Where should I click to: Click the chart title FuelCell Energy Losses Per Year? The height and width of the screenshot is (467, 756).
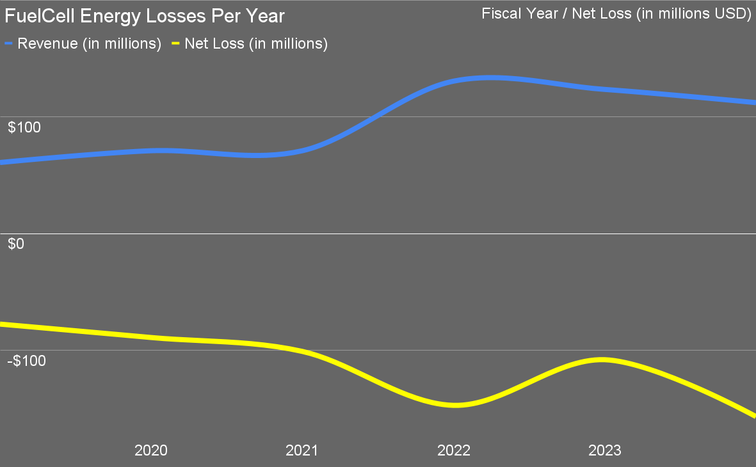tap(145, 15)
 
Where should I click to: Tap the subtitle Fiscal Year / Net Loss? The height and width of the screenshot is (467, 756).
tap(616, 13)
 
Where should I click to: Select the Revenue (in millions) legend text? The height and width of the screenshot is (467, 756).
tap(89, 44)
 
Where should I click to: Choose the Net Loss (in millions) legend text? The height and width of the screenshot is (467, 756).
tap(256, 44)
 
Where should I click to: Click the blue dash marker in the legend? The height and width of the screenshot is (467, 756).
tap(9, 44)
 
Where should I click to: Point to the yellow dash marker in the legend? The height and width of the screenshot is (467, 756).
tap(175, 44)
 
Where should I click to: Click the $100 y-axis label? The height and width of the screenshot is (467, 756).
tap(24, 127)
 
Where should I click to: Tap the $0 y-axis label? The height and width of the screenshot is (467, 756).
tap(16, 244)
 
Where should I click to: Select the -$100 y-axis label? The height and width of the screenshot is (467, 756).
tap(27, 361)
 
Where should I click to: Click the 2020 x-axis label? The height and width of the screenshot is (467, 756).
tap(151, 450)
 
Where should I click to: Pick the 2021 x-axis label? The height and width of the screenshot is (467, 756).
tap(302, 450)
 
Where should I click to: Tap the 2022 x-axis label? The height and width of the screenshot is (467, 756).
tap(454, 450)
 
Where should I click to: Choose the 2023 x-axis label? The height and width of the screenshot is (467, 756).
tap(605, 450)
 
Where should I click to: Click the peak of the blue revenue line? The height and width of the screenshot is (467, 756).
tap(490, 78)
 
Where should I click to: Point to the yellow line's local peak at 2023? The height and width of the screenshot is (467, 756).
tap(602, 360)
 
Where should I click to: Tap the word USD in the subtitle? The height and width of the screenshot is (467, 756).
tap(730, 13)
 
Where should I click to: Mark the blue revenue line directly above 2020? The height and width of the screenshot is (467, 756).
tap(152, 151)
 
